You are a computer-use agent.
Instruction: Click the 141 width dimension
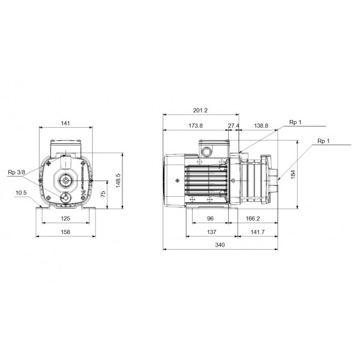click(65, 123)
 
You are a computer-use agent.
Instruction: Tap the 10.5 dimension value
click(22, 193)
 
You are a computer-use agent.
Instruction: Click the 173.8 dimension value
click(195, 125)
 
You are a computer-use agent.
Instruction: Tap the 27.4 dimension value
click(233, 125)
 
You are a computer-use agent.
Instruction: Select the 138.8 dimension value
click(261, 125)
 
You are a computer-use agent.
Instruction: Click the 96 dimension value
click(211, 219)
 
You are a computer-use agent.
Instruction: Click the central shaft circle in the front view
click(65, 179)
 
